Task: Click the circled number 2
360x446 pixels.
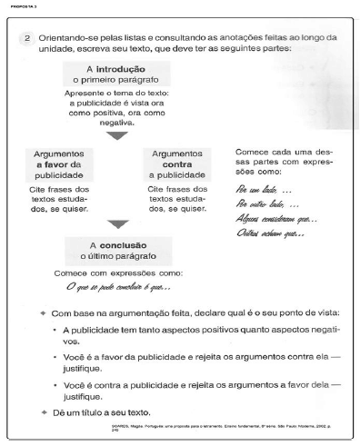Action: coord(28,37)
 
